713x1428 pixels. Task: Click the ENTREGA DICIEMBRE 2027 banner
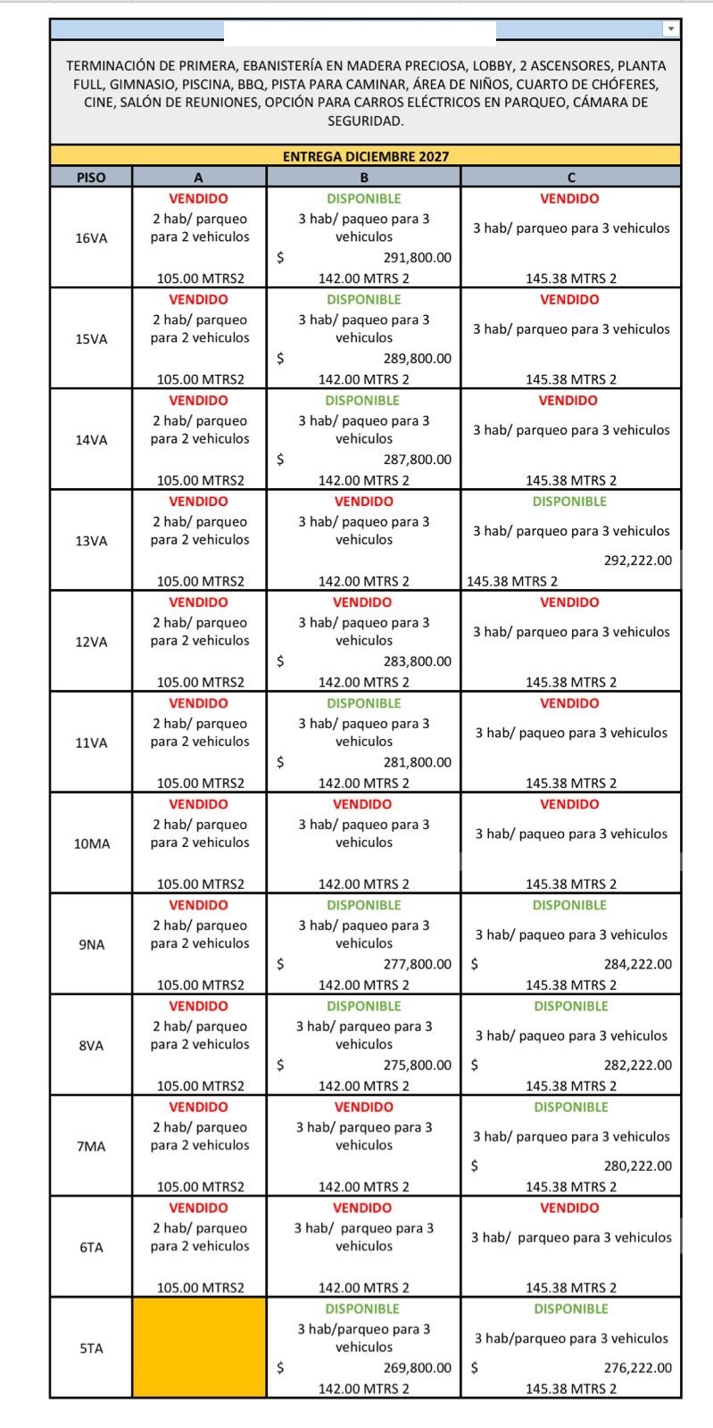365,156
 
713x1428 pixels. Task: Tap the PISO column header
91,178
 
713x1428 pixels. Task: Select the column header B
363,178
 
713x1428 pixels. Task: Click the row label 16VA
91,238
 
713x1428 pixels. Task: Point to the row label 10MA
91,843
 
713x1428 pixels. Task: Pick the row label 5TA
91,1349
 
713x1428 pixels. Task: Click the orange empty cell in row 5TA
199,1347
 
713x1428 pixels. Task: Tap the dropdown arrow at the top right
670,29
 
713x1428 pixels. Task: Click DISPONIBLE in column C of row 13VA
569,502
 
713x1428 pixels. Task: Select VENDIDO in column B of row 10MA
363,804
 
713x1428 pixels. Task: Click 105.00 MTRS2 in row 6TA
200,1288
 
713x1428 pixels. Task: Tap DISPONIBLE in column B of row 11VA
363,703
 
